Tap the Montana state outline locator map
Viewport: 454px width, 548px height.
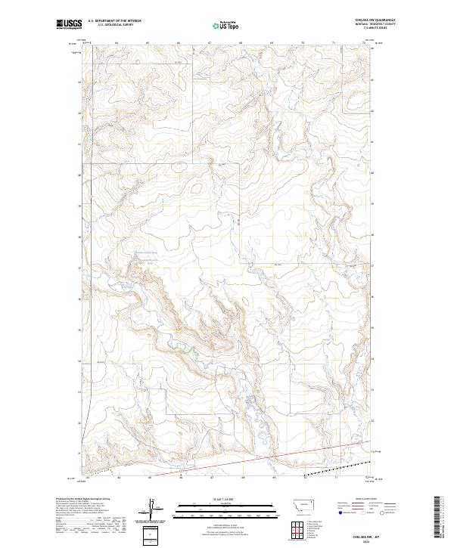click(305, 504)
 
